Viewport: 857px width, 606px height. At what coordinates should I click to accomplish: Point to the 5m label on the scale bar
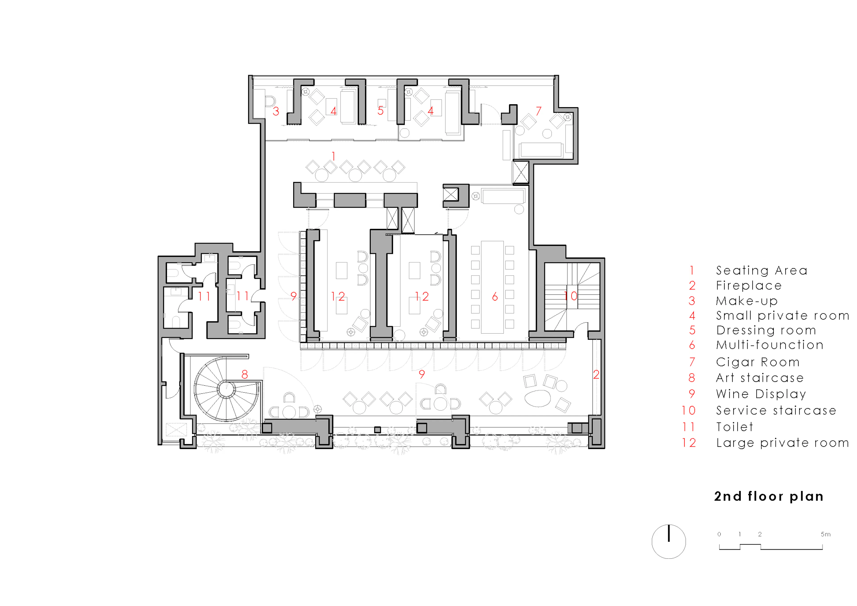[825, 534]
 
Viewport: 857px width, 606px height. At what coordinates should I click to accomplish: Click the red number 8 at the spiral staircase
[244, 374]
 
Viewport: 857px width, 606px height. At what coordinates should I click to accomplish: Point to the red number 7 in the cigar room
[538, 111]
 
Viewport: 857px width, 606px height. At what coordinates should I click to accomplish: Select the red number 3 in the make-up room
[276, 111]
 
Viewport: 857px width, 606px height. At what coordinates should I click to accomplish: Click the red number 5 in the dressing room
[380, 111]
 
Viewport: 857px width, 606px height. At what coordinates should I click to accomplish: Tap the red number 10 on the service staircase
[570, 296]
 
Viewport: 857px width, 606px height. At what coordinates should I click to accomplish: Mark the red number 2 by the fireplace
[596, 374]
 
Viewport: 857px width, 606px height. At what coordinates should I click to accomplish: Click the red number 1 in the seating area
[333, 156]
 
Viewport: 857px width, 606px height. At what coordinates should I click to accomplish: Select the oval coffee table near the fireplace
[537, 398]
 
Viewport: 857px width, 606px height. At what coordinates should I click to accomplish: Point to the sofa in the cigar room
[541, 150]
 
